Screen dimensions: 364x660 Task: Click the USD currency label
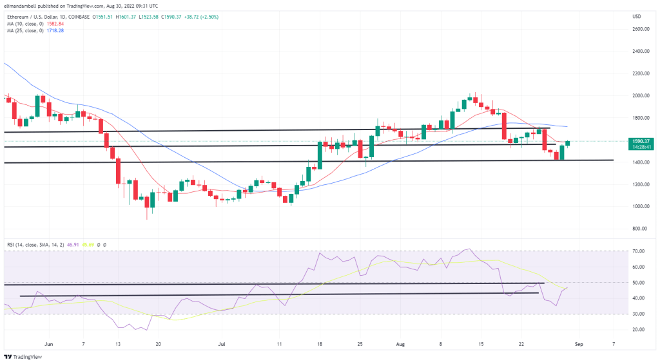click(637, 16)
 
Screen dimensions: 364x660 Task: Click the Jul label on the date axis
click(222, 345)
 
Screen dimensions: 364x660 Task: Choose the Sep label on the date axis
click(579, 345)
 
